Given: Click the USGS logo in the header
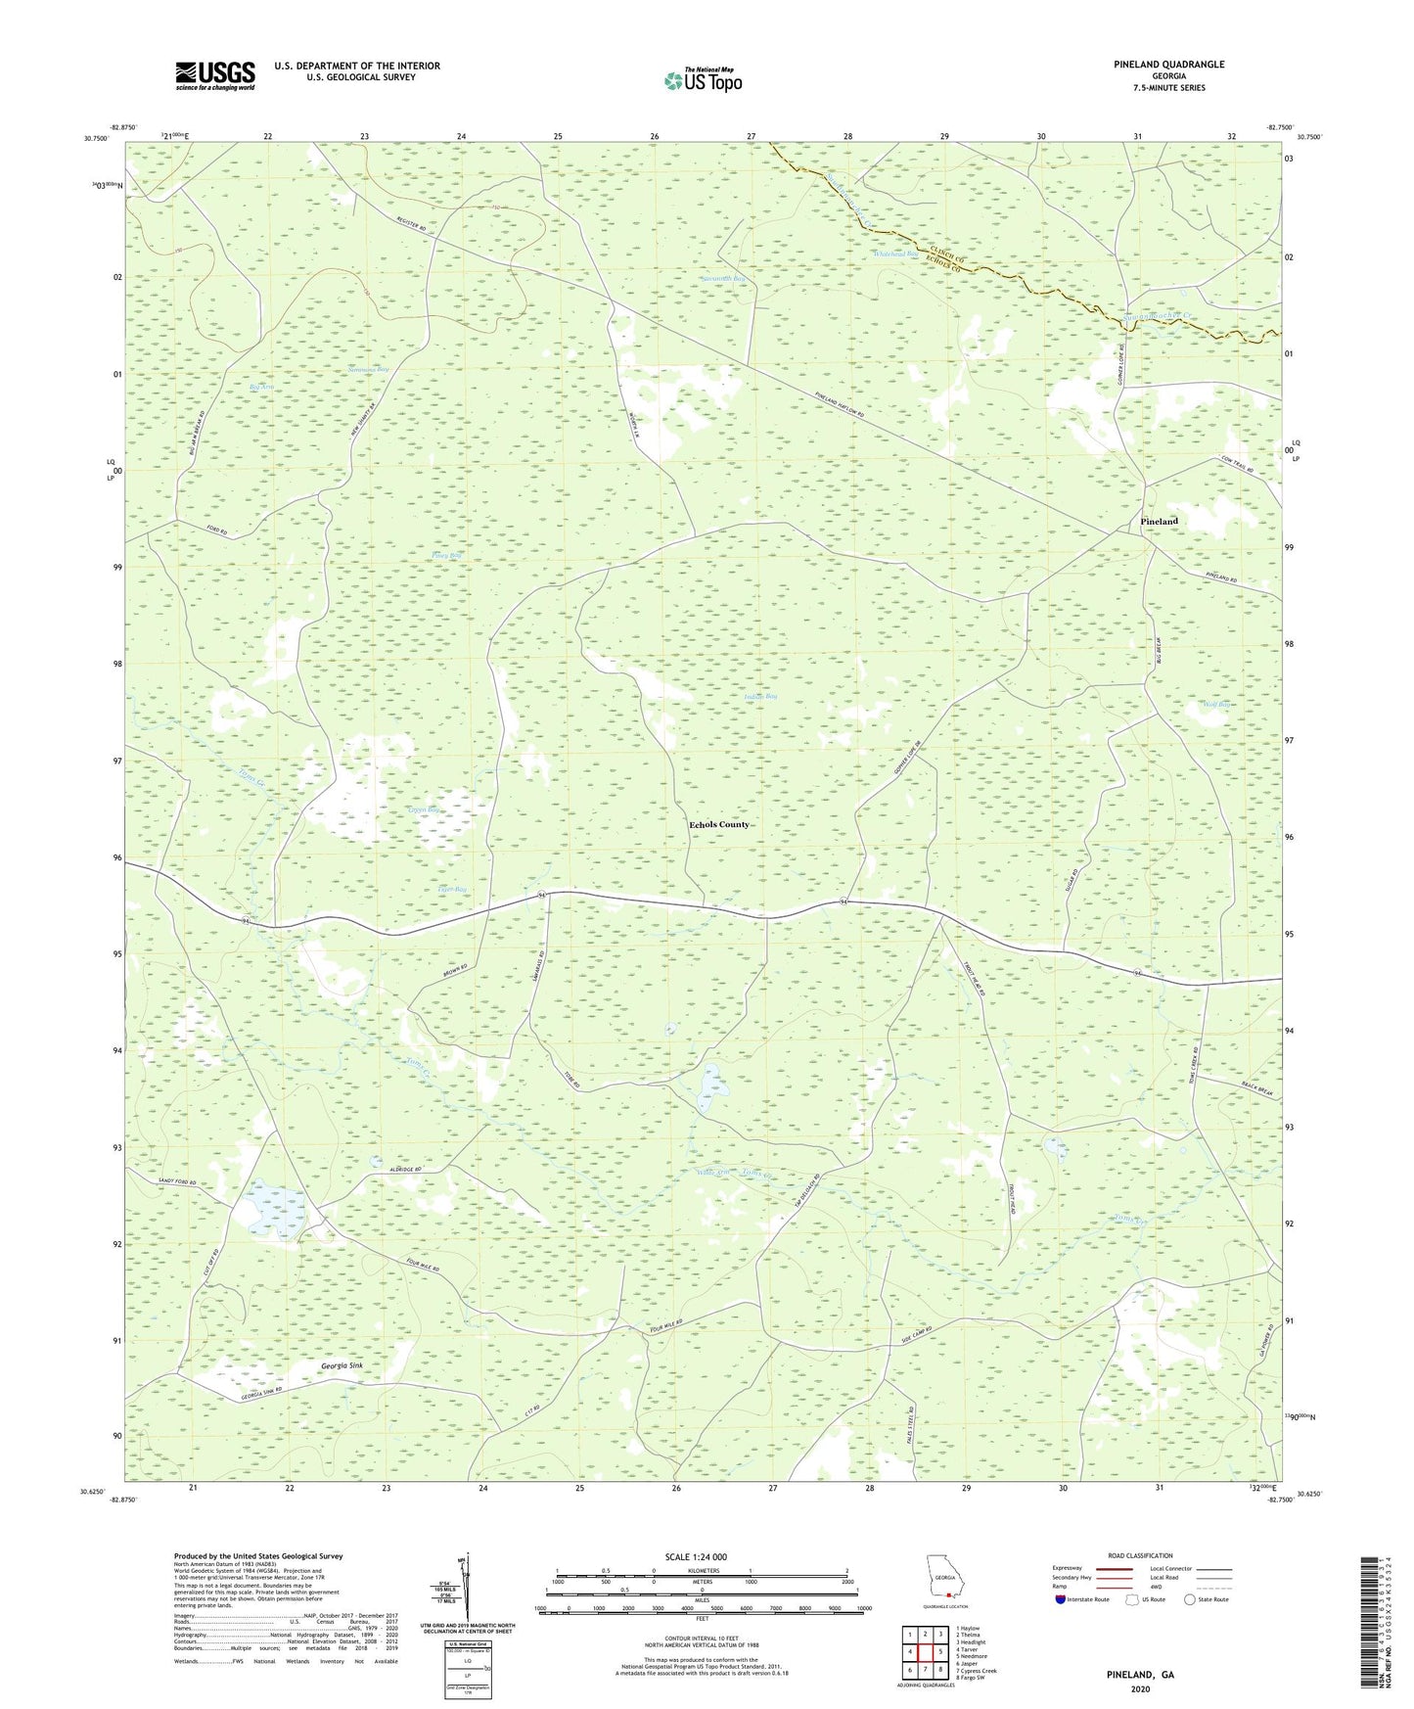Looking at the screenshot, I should pos(214,75).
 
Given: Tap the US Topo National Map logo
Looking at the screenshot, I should pos(703,80).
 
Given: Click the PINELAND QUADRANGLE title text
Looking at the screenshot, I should pos(1168,65).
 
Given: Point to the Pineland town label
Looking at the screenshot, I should pos(1159,522).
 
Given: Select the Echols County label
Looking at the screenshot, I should pos(719,824).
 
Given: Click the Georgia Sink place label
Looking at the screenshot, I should pos(335,1364).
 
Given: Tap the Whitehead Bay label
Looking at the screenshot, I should pos(895,254).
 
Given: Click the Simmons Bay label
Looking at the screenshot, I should pos(368,370).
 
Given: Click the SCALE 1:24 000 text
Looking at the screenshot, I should pos(695,1557).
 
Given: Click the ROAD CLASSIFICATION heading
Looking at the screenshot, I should pos(1140,1555).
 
